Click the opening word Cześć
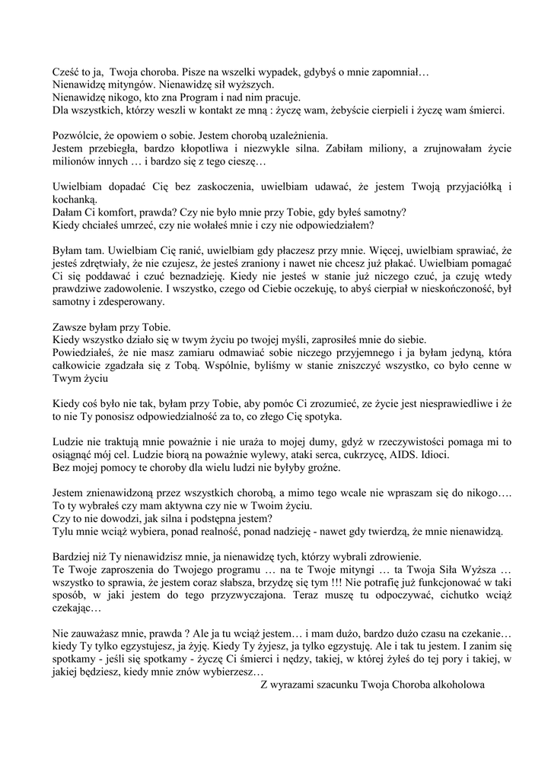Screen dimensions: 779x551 [67, 72]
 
